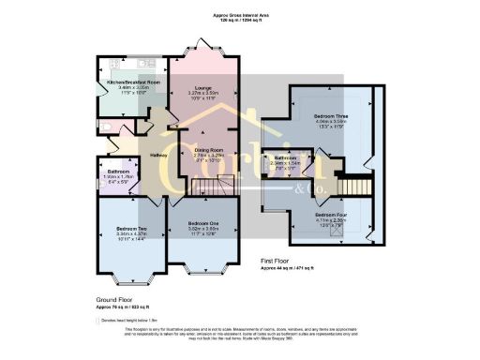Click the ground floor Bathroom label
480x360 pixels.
(x=117, y=172)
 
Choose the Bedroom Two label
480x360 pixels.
(x=129, y=229)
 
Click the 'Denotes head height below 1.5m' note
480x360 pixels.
(x=131, y=321)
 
